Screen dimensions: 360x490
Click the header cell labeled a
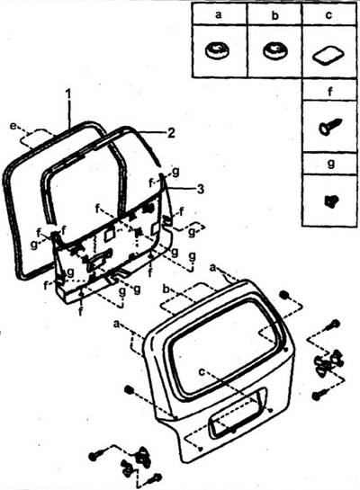220,14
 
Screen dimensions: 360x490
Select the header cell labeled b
274,14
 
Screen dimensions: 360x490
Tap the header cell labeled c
329,14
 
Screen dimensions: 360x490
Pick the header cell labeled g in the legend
329,164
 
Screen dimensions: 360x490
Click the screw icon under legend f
330,126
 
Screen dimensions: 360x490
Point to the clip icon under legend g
331,200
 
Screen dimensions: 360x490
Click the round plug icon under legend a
216,50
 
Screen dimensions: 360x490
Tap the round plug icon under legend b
274,50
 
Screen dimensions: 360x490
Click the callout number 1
68,94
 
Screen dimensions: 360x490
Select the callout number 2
171,133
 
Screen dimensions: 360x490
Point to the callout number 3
200,189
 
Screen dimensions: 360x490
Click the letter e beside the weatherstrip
13,126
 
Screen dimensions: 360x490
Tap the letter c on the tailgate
202,371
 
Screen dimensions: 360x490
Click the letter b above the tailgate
166,290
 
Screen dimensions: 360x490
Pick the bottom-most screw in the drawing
156,477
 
